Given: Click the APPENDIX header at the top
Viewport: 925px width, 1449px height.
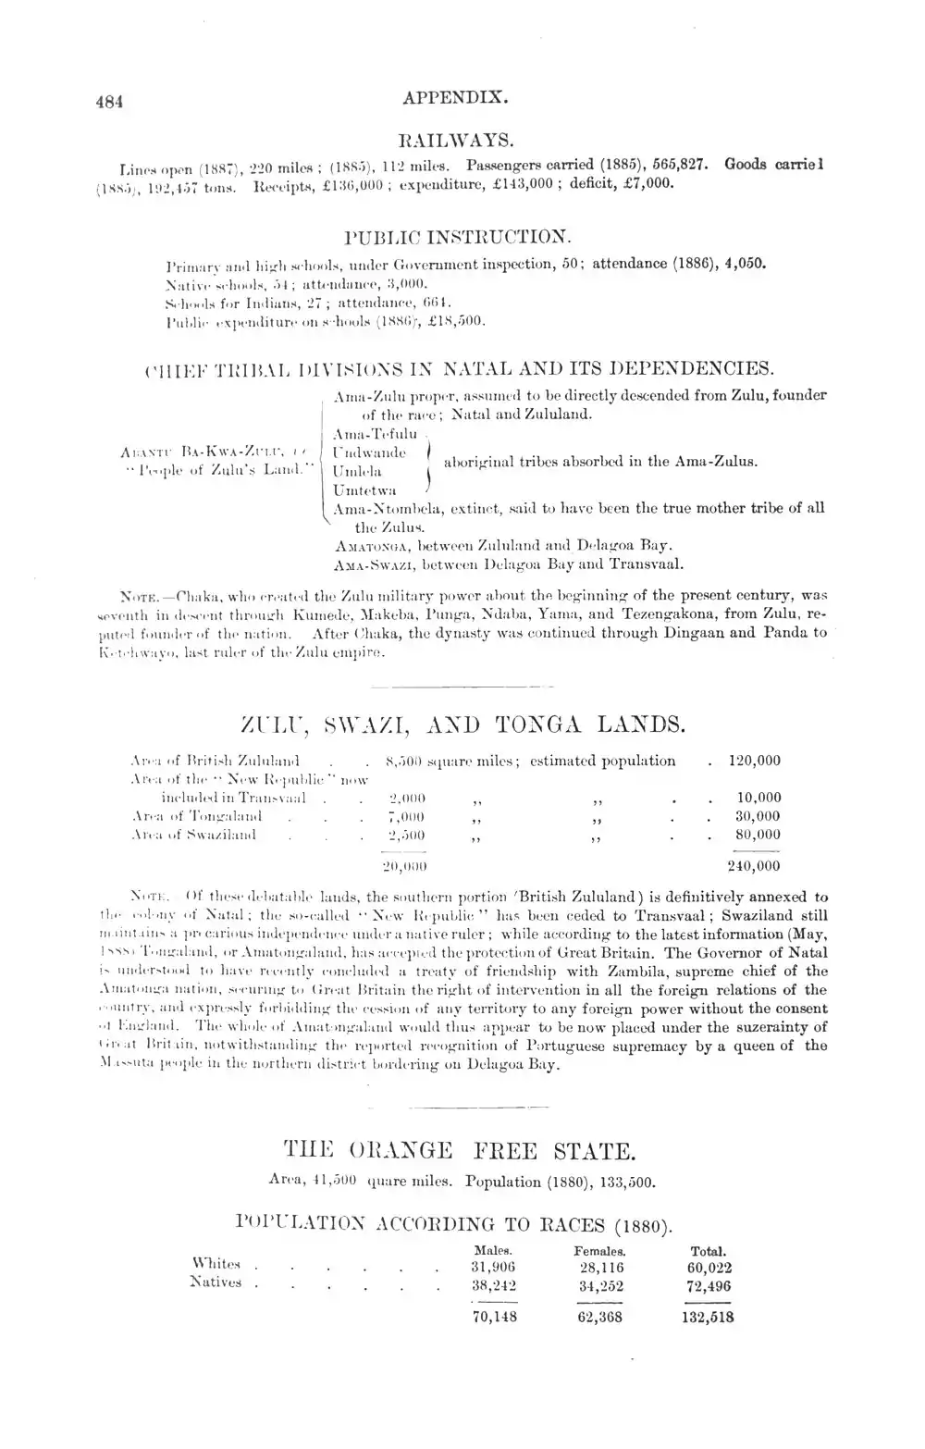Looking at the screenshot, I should [458, 95].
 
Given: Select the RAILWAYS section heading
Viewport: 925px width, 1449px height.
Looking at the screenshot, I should [455, 141].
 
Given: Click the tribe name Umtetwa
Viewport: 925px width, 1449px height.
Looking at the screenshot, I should [364, 489].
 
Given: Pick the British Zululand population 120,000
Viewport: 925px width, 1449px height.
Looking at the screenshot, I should [754, 761].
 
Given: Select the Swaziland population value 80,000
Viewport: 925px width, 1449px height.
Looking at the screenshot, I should [758, 835].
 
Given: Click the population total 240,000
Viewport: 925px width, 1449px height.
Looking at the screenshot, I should [753, 866].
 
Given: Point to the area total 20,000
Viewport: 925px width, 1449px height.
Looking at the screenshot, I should [404, 866].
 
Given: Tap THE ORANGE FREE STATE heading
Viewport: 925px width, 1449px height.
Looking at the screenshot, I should [460, 1152].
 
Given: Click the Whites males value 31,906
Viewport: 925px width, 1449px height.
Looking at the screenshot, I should [493, 1267].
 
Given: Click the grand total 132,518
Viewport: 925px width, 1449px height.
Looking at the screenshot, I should [708, 1318].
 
